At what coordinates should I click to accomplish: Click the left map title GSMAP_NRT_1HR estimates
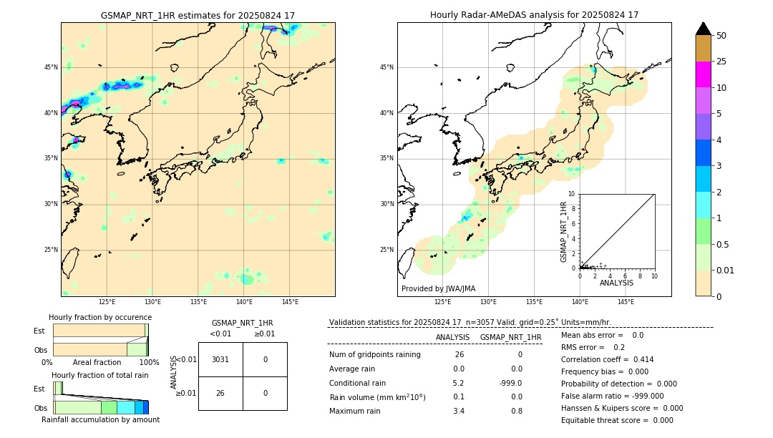[198, 15]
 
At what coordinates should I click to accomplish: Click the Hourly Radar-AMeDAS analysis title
[534, 15]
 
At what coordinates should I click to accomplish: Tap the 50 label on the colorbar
[721, 36]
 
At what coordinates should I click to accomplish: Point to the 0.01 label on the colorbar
[726, 270]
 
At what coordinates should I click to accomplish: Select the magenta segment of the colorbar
[703, 74]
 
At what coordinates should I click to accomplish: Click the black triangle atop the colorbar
[703, 29]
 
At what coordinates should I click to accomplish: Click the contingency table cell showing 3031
[220, 359]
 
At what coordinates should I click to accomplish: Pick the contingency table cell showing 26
[220, 393]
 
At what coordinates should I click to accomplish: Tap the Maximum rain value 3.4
[458, 411]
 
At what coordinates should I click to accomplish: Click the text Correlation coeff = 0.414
[607, 359]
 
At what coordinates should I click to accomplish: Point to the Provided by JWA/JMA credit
[438, 288]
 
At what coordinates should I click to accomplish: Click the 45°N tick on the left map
[51, 67]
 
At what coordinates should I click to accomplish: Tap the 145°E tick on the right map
[626, 302]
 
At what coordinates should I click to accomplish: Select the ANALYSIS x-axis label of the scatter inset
[616, 283]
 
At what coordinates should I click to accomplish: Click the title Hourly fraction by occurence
[100, 317]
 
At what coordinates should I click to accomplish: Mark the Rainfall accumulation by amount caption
[100, 419]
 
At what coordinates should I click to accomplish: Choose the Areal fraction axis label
[97, 362]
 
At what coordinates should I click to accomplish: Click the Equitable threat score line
[617, 420]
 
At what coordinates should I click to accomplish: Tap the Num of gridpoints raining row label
[374, 355]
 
